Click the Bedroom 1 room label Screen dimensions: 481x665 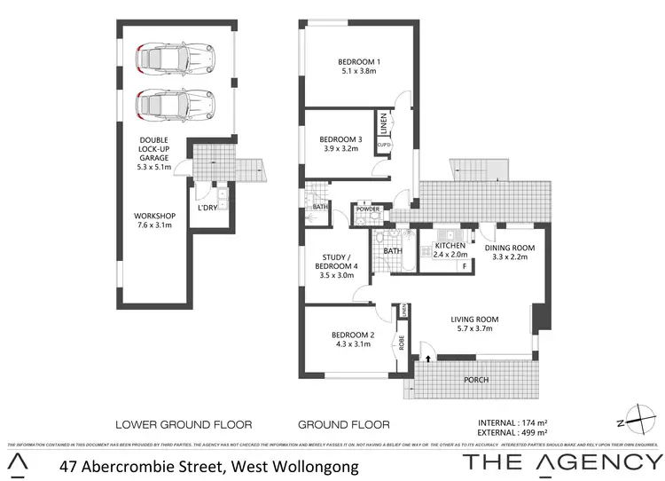[356, 61]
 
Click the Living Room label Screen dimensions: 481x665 [473, 319]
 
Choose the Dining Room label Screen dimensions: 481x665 [510, 248]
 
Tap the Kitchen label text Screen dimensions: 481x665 [450, 245]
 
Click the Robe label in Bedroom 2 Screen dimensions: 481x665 [402, 343]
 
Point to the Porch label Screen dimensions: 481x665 [475, 380]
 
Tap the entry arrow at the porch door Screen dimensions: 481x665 [429, 358]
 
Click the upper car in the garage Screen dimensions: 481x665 [175, 59]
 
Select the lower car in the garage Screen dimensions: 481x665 [175, 103]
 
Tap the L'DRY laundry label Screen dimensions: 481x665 [208, 208]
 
